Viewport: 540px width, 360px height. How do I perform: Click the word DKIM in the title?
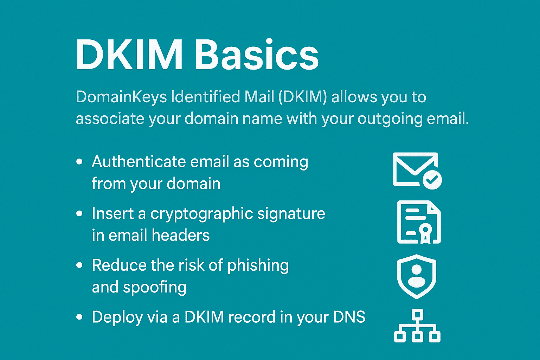pos(129,55)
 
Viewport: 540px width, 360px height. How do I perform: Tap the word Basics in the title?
pos(257,55)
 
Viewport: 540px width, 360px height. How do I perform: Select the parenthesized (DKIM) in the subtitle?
pos(303,97)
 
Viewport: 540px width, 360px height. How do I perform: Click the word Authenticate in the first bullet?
pos(139,161)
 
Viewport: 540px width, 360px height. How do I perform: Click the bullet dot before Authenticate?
pos(79,162)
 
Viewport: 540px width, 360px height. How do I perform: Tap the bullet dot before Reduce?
pos(79,265)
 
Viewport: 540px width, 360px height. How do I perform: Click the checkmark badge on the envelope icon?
pos(432,180)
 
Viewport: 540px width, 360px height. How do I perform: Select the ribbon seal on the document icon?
pos(425,233)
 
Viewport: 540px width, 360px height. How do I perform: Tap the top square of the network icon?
pos(417,314)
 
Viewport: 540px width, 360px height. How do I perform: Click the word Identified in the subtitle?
pos(205,97)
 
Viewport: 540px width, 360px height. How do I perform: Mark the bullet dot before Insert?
pos(79,213)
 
